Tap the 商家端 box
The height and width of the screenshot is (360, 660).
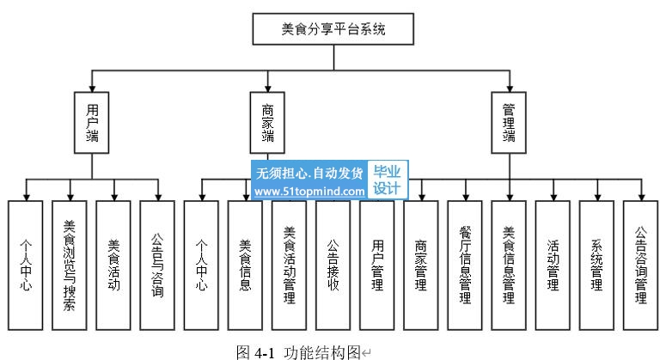(x=268, y=123)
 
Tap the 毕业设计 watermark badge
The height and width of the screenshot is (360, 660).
(x=388, y=180)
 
